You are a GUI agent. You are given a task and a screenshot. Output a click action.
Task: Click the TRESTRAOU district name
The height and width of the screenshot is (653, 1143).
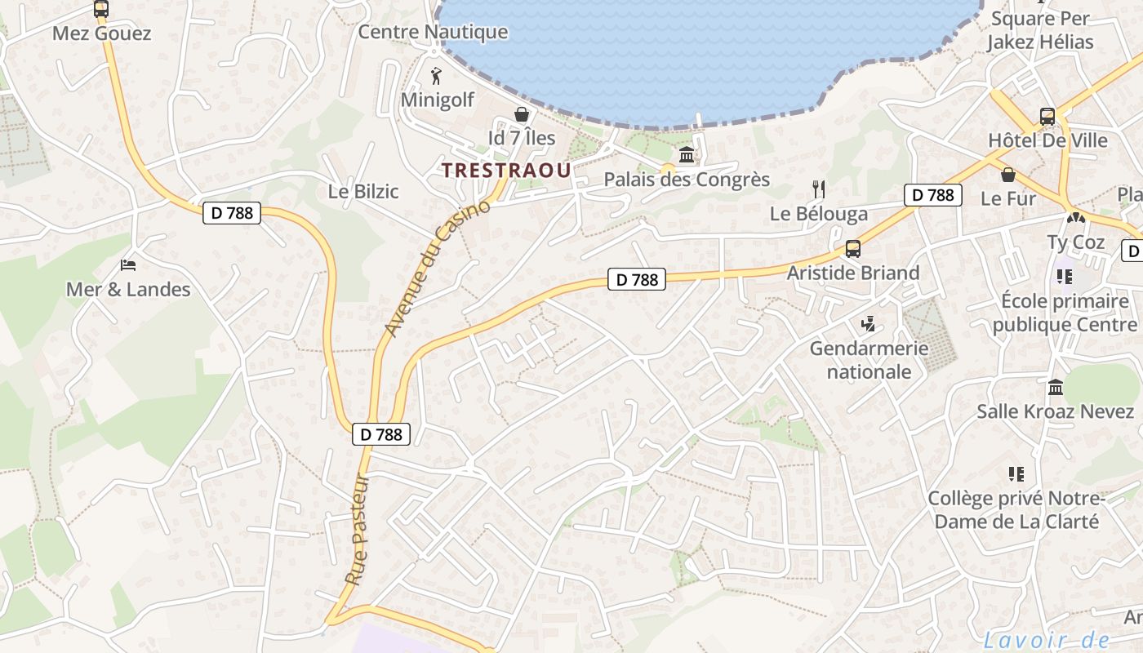[x=505, y=170]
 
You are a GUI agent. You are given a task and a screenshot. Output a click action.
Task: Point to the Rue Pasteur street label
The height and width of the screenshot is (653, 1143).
[x=357, y=529]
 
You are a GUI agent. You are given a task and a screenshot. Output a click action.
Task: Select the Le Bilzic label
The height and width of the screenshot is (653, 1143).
[x=362, y=192]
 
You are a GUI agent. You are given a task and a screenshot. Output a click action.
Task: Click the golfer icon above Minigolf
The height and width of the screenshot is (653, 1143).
[x=436, y=77]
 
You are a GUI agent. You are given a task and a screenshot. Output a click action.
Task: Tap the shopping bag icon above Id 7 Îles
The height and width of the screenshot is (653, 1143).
[x=521, y=115]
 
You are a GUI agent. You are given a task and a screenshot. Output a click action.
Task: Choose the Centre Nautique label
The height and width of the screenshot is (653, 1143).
[x=433, y=33]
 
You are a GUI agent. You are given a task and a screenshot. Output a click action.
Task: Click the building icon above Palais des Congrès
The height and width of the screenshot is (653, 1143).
[x=687, y=155]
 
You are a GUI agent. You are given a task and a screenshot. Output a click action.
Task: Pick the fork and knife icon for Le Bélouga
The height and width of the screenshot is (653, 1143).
[x=819, y=189]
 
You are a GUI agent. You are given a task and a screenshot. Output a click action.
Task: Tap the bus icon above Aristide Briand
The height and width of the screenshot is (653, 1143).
[x=852, y=249]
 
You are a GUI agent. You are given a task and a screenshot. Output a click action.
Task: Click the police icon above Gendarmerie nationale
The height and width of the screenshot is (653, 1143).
[x=868, y=324]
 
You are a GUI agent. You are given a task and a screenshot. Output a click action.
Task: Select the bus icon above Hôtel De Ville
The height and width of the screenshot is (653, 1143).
[x=1047, y=116]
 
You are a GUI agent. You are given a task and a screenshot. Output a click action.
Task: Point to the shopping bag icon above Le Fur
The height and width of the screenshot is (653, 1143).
[x=1008, y=175]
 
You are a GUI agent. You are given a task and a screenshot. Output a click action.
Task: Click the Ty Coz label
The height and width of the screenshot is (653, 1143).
[x=1076, y=242]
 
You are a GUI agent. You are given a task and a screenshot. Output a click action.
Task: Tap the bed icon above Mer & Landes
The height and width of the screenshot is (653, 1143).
[x=128, y=265]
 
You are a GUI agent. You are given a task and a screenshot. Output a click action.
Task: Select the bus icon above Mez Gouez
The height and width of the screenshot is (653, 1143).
[x=101, y=10]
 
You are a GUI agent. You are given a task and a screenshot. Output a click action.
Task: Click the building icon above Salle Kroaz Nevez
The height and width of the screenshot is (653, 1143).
[x=1055, y=387]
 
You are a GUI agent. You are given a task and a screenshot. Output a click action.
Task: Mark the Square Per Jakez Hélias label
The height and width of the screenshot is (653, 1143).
[x=1039, y=30]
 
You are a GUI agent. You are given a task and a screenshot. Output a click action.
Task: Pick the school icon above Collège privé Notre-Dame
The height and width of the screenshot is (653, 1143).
[x=1016, y=473]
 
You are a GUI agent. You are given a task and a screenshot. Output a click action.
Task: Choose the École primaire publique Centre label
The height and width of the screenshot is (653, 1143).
[x=1065, y=313]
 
